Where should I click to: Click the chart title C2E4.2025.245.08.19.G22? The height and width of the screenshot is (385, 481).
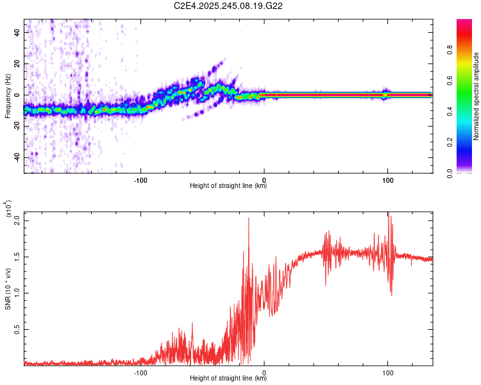tap(228, 6)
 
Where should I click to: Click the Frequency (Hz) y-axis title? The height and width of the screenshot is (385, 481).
tap(8, 96)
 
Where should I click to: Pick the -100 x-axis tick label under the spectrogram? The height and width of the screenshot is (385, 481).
tap(141, 179)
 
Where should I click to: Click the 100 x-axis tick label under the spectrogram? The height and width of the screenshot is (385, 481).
tap(387, 179)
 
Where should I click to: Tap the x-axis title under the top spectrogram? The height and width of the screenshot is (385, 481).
tap(228, 186)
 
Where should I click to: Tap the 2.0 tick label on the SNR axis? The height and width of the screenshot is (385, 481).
tap(17, 221)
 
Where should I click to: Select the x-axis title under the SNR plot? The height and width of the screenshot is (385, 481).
tap(228, 379)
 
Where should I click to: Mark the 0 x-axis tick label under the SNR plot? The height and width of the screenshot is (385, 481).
tap(264, 372)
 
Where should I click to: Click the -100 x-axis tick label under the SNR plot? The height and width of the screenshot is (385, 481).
tap(141, 372)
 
